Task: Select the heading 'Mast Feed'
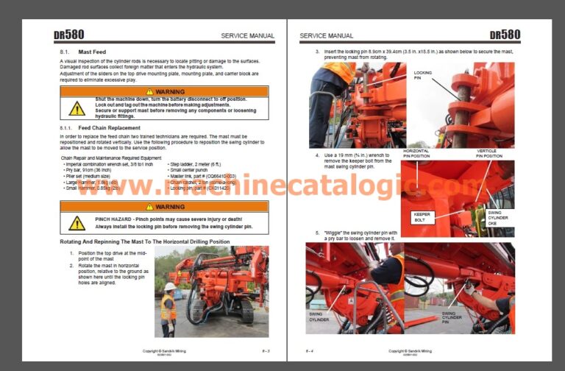[92, 52]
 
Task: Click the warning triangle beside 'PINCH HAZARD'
[77, 222]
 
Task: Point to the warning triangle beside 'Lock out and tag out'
[77, 108]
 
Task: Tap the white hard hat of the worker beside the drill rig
[170, 286]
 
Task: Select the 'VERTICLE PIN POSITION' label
[488, 153]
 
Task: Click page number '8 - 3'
[265, 351]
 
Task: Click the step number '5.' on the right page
[317, 232]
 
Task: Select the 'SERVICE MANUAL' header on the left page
[247, 35]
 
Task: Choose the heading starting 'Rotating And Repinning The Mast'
[144, 241]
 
